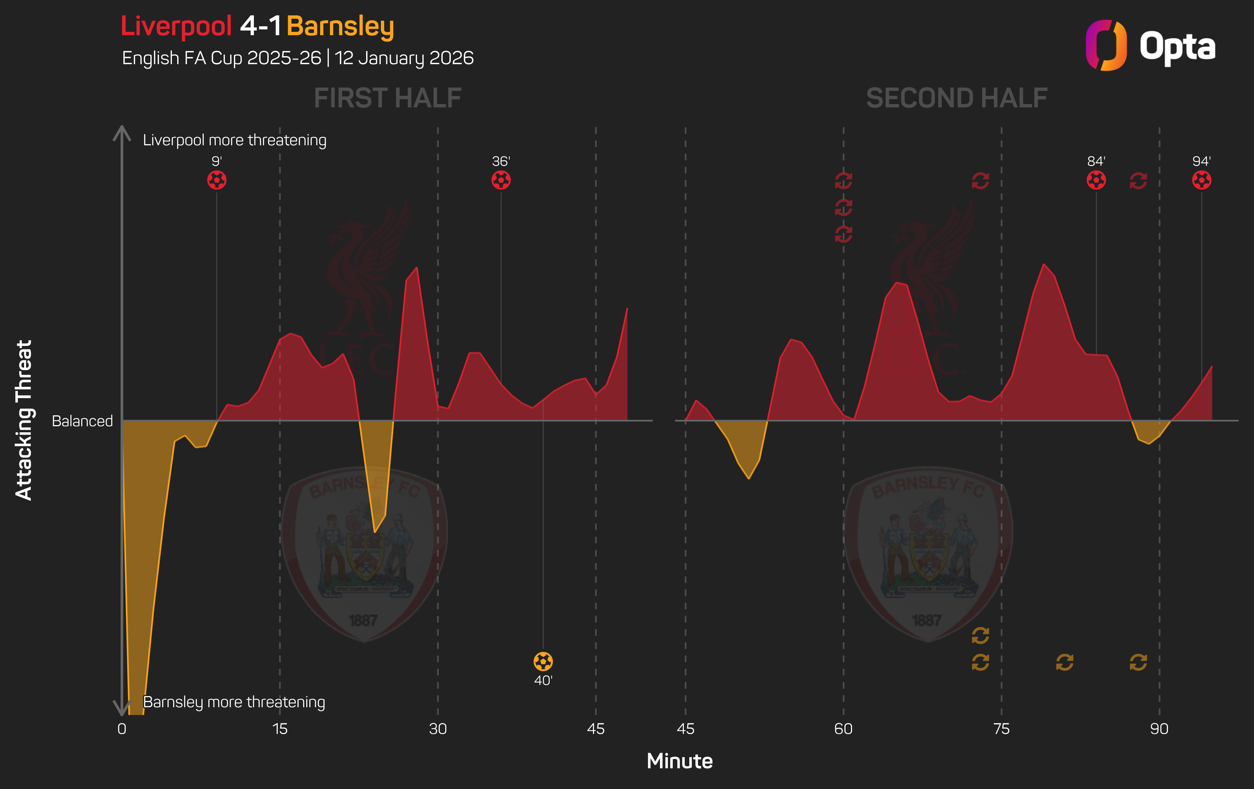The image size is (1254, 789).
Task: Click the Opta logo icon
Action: [1106, 45]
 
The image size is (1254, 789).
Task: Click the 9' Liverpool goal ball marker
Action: [217, 180]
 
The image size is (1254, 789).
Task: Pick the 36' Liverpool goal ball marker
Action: [501, 180]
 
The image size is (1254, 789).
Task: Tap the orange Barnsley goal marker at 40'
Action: [543, 662]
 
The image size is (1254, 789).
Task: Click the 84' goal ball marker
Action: [1096, 180]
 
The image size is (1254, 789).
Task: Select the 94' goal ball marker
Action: [1201, 180]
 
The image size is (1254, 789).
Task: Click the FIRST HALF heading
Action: [387, 98]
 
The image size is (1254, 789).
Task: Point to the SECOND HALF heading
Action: [957, 98]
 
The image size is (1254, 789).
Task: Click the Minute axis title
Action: [680, 761]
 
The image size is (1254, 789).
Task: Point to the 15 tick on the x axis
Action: [280, 729]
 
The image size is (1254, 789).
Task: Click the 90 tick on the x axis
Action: [1159, 729]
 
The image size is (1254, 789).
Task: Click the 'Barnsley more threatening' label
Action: [234, 702]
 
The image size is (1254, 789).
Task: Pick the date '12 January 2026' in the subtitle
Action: [404, 58]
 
